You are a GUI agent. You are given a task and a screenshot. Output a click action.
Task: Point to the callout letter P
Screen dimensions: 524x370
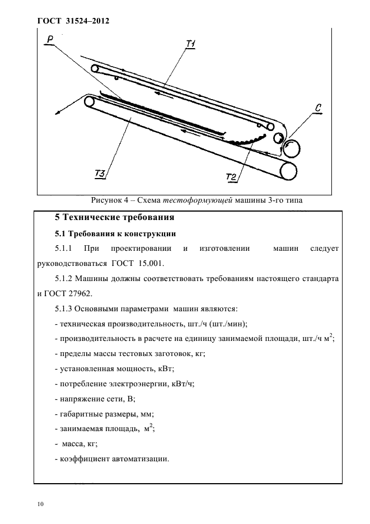pos(50,39)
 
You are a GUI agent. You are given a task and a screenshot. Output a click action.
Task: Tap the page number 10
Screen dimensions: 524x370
pos(40,504)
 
